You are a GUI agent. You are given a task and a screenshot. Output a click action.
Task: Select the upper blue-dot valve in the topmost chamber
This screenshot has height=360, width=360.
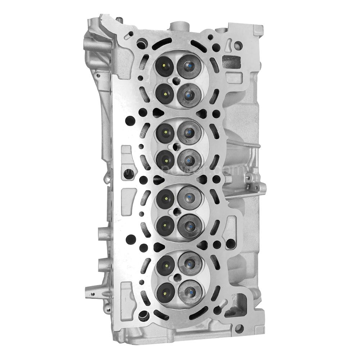click(x=188, y=66)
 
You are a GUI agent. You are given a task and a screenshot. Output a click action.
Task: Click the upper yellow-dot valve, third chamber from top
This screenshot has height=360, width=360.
click(x=165, y=198)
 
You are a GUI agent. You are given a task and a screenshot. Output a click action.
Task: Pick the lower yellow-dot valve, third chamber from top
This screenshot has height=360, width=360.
click(x=165, y=225)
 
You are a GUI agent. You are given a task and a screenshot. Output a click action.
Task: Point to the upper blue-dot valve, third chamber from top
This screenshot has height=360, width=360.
click(x=189, y=197)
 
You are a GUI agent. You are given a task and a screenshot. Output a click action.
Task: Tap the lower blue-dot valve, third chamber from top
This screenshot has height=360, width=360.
click(x=189, y=226)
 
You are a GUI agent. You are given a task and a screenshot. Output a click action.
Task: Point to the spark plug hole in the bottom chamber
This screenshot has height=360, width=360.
click(x=177, y=278)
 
